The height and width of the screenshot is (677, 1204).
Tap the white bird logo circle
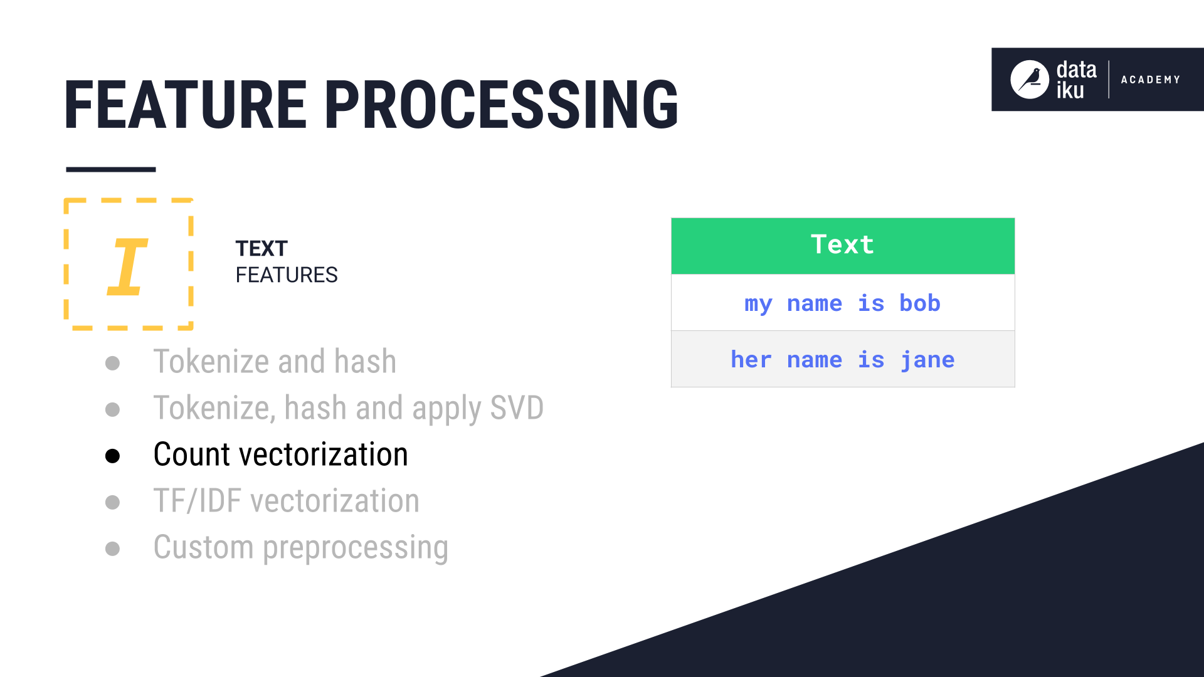point(1029,80)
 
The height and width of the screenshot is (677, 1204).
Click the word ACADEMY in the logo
point(1150,80)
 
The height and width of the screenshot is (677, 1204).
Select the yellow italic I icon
point(127,266)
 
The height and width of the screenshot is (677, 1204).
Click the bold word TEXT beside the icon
point(261,249)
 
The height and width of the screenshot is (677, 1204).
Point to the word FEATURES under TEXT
point(287,275)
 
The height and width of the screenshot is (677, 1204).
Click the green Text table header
point(842,245)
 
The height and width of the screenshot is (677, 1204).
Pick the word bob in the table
point(919,303)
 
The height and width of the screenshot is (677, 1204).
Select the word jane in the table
point(927,360)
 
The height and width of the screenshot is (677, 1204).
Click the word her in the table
point(751,360)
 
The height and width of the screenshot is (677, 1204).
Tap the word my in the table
point(758,304)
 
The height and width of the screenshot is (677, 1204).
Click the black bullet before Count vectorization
point(113,456)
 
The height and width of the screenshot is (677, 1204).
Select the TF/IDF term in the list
point(198,501)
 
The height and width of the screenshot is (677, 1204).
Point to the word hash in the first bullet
point(365,362)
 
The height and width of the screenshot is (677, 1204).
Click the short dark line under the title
point(111,169)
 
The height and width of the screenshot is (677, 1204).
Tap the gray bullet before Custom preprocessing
point(113,548)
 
